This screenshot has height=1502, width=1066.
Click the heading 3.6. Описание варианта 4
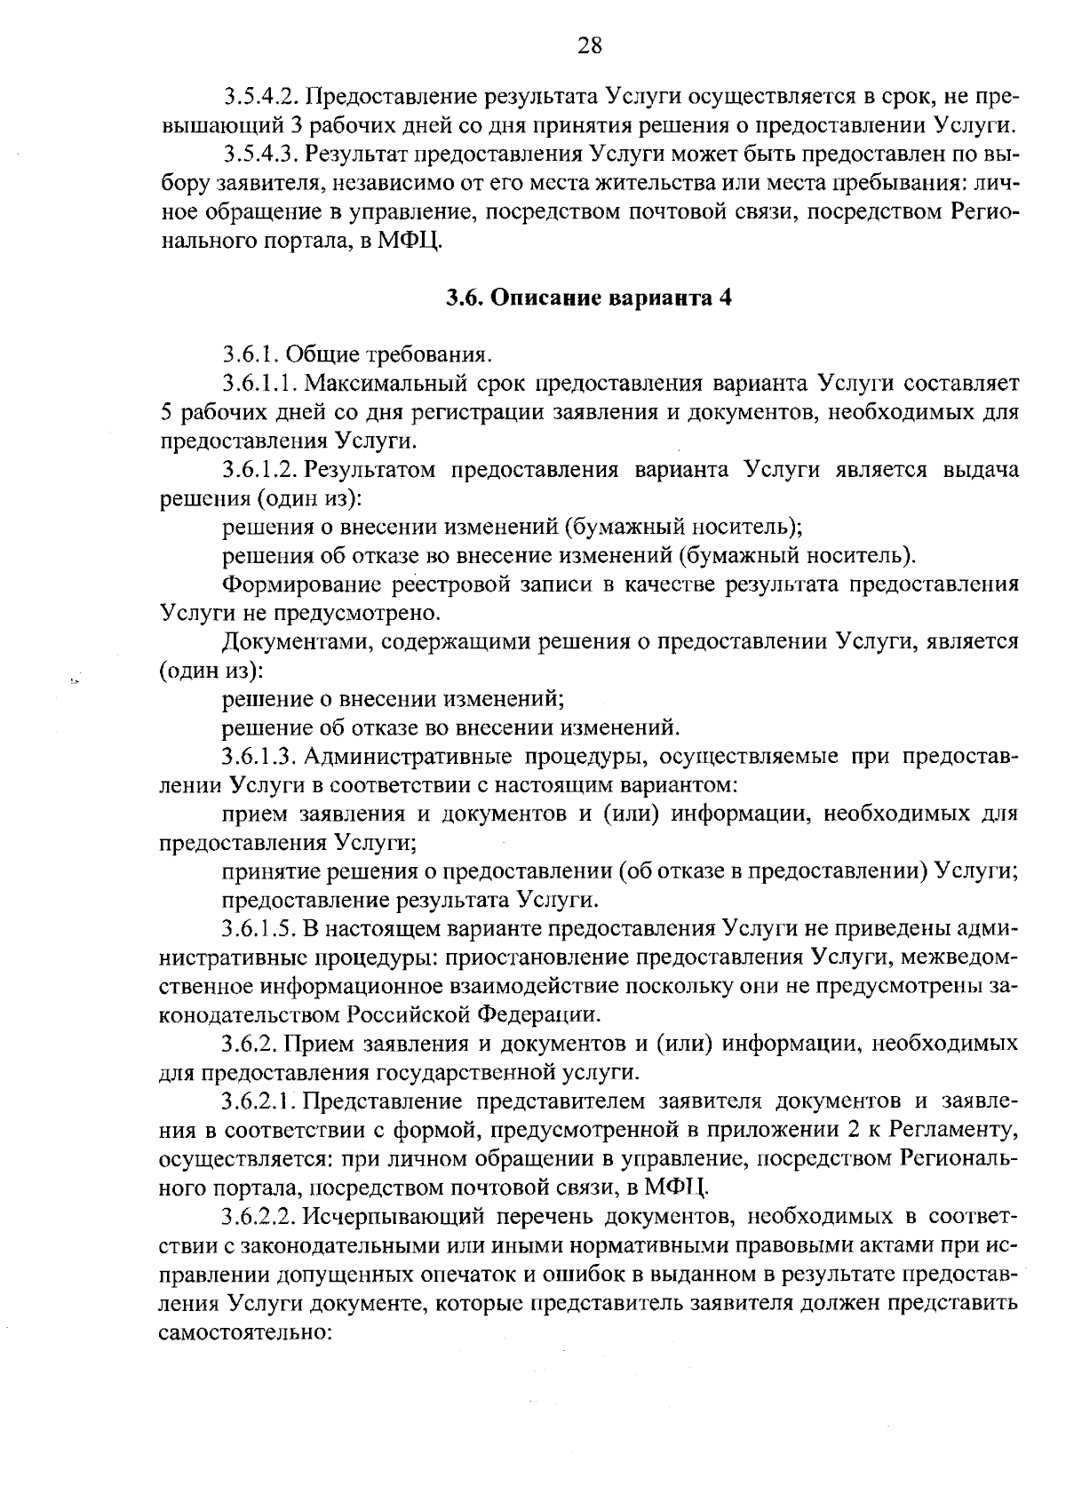pos(589,298)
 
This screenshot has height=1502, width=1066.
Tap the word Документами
pos(298,642)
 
